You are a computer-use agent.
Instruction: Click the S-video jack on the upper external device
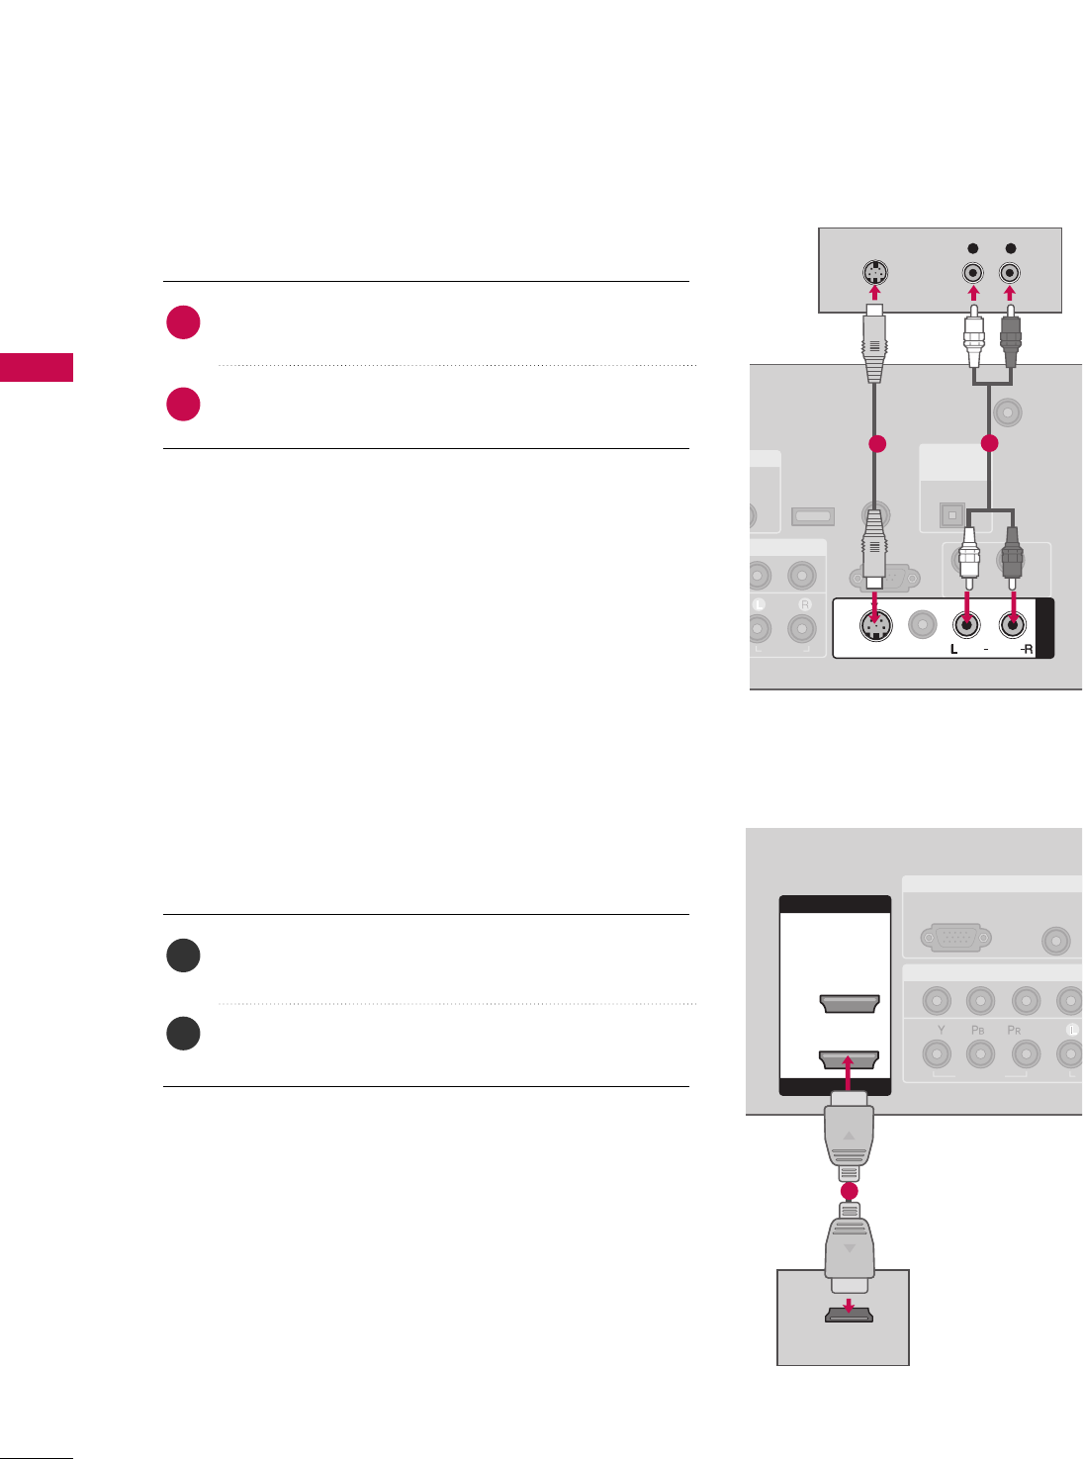(873, 273)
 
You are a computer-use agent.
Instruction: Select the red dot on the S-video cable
(874, 445)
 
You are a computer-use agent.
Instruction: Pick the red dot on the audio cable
(990, 445)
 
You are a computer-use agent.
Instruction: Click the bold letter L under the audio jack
(954, 650)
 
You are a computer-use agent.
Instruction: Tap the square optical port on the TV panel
(951, 514)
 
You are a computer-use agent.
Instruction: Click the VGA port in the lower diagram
(955, 938)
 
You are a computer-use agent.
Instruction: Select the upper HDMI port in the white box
(850, 1004)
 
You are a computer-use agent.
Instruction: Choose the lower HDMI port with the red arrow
(850, 1060)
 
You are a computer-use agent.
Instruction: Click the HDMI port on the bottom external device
(850, 1315)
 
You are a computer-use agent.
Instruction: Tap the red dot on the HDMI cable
(849, 1192)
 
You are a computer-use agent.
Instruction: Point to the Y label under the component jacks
(941, 1030)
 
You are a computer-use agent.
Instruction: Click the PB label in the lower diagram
(978, 1030)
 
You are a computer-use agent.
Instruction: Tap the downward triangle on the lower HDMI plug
(849, 1248)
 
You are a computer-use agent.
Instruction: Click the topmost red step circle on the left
(184, 323)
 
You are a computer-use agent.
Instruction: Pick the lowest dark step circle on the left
(184, 1034)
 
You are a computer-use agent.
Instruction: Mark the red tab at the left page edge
(37, 367)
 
